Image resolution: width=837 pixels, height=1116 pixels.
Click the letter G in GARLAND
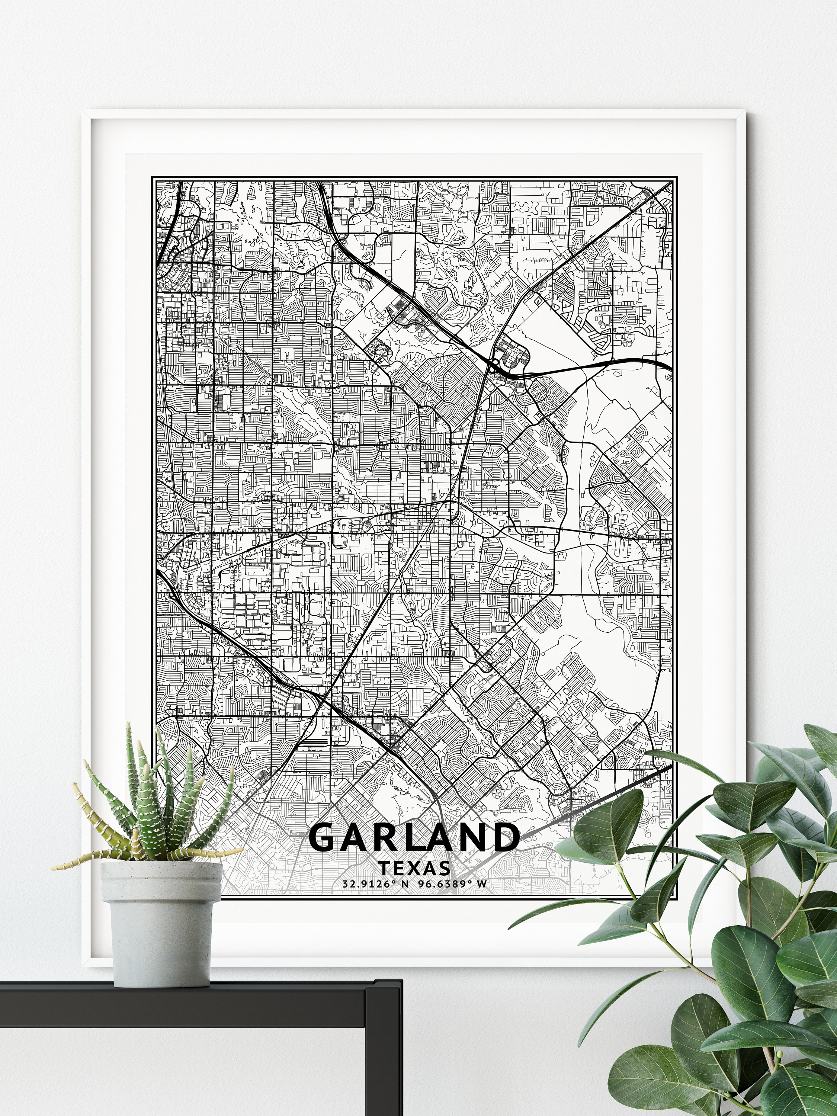[323, 838]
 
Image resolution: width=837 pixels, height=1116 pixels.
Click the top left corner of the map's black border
[153, 177]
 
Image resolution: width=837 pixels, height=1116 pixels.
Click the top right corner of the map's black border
[677, 177]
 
